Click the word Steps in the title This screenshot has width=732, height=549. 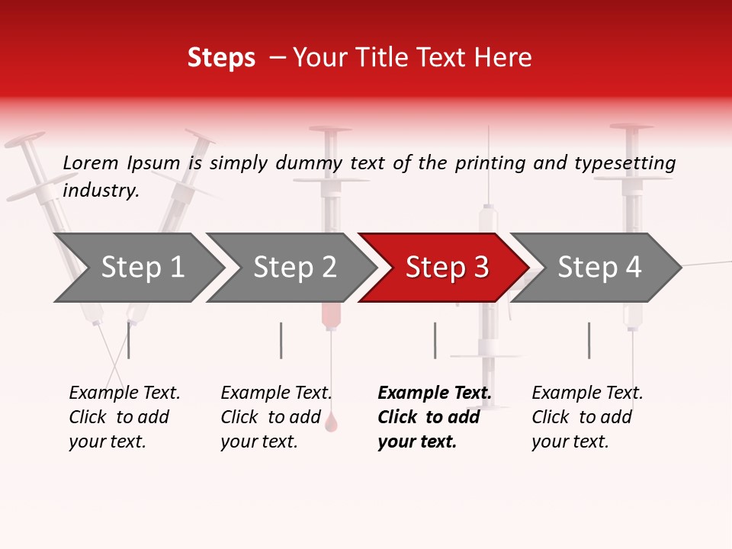221,58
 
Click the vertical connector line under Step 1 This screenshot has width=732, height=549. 128,340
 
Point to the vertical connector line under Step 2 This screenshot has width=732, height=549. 281,340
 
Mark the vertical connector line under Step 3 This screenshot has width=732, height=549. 435,340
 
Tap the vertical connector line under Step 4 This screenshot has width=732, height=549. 589,340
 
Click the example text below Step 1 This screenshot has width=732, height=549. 124,417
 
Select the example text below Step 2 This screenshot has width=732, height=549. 275,417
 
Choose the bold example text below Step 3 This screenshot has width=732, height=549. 433,417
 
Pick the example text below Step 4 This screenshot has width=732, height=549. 586,417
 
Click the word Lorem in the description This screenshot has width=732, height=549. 90,163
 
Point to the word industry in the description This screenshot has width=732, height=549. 100,191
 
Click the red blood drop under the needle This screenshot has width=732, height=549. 331,422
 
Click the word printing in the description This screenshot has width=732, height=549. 491,163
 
